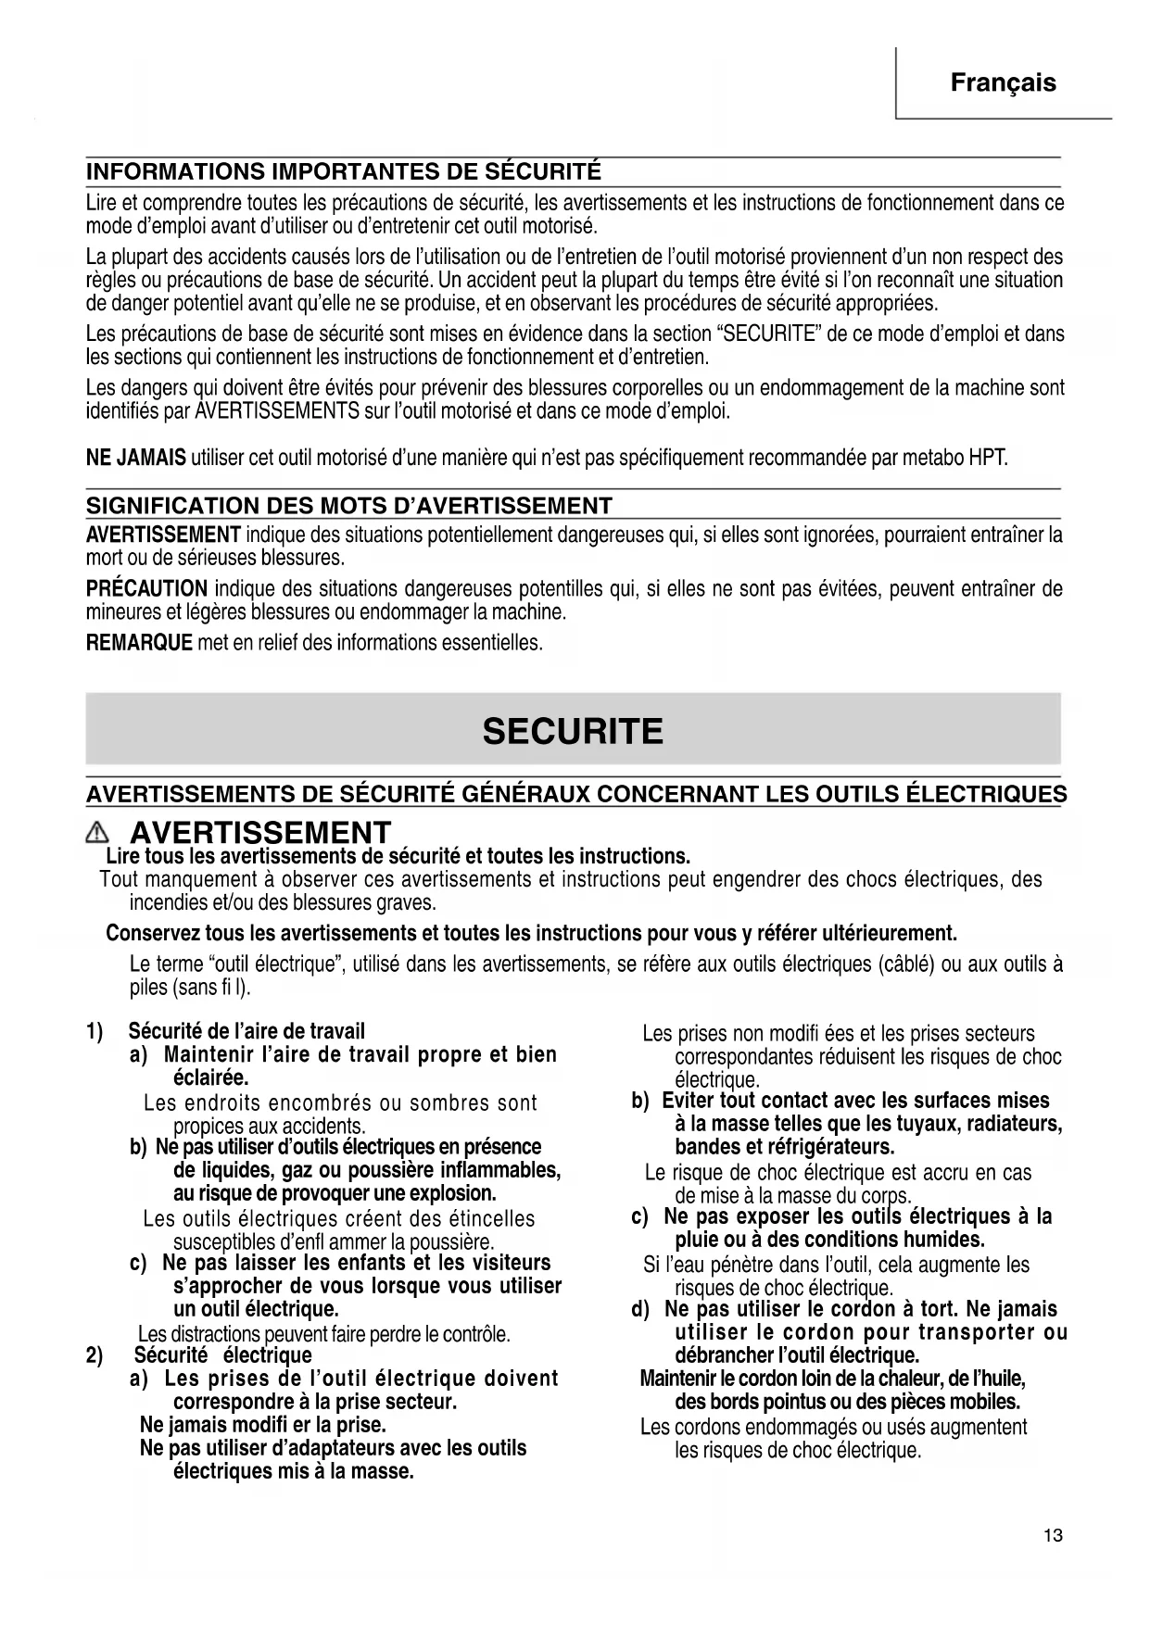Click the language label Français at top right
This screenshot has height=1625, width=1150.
(x=1003, y=83)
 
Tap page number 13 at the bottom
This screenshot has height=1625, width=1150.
(x=1052, y=1536)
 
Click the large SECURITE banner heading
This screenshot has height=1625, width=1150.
(x=573, y=731)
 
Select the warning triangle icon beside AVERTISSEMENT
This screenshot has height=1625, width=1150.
(x=96, y=834)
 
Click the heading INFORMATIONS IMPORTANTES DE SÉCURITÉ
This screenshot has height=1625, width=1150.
(x=344, y=172)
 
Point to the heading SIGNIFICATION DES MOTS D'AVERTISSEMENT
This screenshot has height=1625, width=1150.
(x=349, y=506)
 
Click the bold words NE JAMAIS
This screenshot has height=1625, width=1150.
(x=136, y=458)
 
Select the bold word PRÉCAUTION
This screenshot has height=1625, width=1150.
(x=146, y=589)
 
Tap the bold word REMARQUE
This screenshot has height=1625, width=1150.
(x=139, y=642)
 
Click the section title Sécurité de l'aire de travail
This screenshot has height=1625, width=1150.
(x=246, y=1031)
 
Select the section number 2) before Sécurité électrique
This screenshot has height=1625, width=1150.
(x=94, y=1355)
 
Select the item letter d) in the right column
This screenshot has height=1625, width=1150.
(x=640, y=1309)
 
